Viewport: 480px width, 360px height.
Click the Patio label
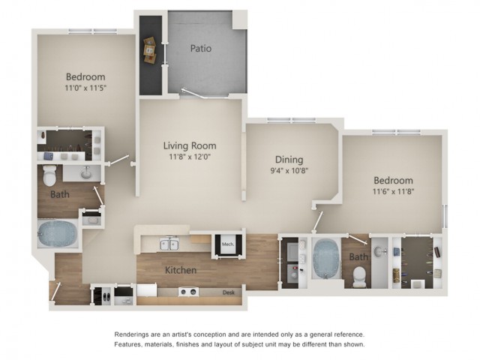[201, 48]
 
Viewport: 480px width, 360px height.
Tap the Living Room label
[190, 145]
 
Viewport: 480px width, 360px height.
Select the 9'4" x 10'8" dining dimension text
[289, 170]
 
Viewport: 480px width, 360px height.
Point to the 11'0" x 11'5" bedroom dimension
[85, 88]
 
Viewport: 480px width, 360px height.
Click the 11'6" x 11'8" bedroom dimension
[393, 192]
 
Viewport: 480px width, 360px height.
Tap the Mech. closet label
[228, 244]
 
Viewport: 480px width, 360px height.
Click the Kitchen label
[181, 270]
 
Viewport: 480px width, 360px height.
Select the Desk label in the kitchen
[228, 292]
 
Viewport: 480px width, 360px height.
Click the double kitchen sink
[169, 244]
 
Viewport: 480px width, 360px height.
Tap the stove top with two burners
[188, 292]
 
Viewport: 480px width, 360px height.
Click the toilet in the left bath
[49, 175]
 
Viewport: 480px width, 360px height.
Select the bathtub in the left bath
[58, 234]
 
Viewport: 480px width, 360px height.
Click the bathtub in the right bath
[325, 258]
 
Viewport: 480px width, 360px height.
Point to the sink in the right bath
[380, 252]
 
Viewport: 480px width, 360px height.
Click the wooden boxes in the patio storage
[150, 50]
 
